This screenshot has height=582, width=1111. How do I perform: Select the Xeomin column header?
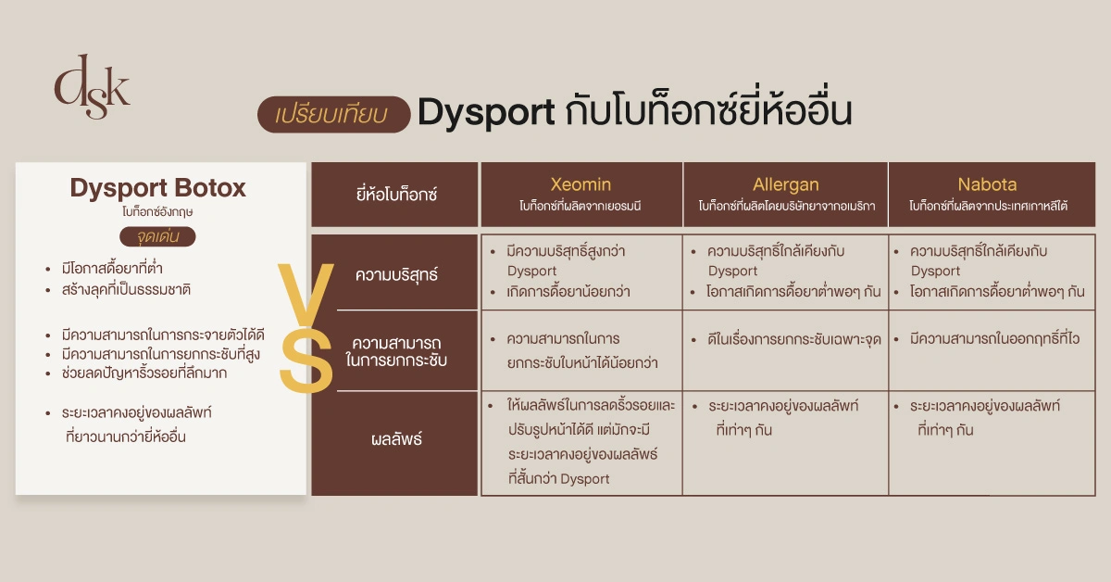coord(580,194)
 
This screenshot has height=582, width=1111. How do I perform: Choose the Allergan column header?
coord(785,194)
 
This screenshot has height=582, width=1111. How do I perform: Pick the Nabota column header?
coord(988,194)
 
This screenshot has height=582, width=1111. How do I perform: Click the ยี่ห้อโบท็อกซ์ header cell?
coord(395,195)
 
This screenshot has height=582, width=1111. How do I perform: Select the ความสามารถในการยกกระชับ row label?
coord(396,350)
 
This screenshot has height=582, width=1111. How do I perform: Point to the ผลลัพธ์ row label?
coord(396,439)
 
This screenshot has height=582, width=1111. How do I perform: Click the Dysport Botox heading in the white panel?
coord(158,188)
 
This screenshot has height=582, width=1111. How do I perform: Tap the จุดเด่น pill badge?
coord(157,236)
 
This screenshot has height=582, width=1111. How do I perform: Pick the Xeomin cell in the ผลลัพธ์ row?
coord(580,443)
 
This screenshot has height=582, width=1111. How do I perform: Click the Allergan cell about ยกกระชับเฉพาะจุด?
coord(785,339)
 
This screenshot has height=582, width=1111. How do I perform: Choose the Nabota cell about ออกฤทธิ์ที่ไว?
coord(988,339)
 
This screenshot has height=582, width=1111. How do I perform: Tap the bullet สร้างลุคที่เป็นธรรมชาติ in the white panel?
coord(126,289)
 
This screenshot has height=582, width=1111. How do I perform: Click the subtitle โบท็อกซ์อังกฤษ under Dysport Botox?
coord(157,211)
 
